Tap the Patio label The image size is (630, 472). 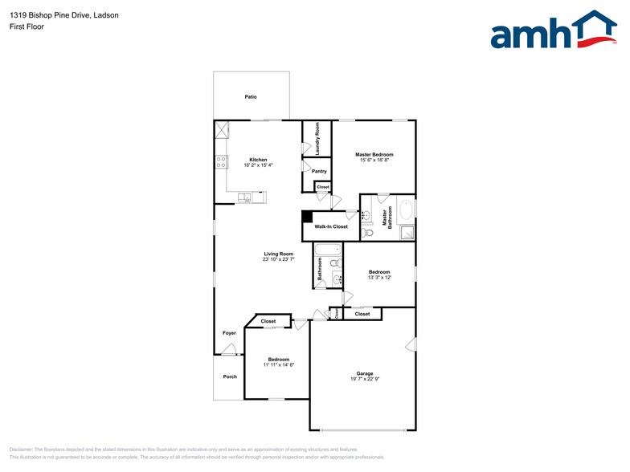(x=251, y=96)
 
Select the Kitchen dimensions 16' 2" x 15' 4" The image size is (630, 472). (x=258, y=165)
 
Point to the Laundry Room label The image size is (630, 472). (x=318, y=138)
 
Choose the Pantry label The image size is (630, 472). (x=318, y=171)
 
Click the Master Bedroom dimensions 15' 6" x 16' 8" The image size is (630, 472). (x=374, y=160)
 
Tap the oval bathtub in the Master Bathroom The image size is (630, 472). (x=406, y=213)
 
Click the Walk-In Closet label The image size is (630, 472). (x=331, y=226)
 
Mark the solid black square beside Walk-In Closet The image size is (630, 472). (x=307, y=215)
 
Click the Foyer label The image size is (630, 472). (x=230, y=332)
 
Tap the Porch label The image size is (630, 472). (x=230, y=376)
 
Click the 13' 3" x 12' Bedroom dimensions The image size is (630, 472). (x=379, y=278)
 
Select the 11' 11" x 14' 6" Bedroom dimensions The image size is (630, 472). (x=279, y=364)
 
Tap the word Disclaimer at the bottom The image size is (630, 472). (x=24, y=450)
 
